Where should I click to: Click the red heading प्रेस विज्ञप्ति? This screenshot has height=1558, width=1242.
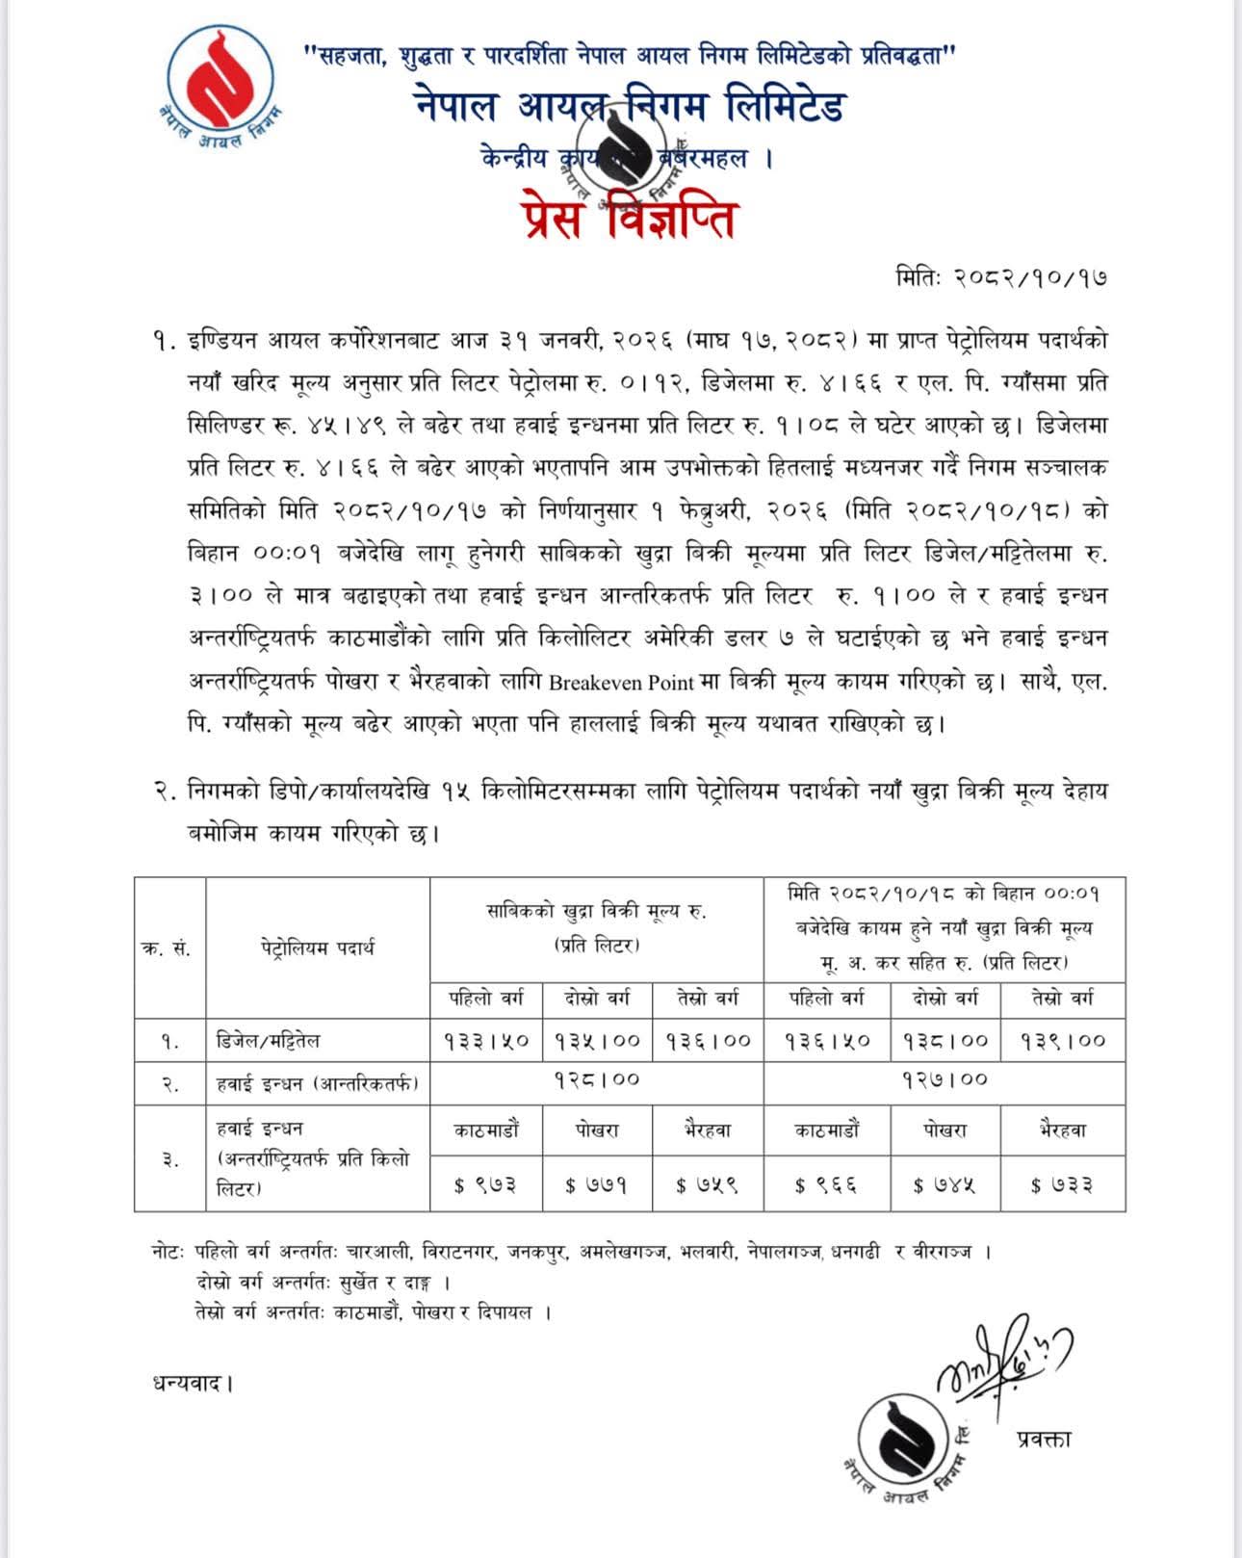click(630, 218)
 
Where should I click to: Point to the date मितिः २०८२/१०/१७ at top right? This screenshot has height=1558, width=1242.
click(1001, 278)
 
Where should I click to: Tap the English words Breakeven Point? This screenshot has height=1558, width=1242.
click(621, 683)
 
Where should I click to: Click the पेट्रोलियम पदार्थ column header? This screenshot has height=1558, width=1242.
click(317, 948)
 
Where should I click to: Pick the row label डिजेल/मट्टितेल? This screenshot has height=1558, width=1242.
click(268, 1041)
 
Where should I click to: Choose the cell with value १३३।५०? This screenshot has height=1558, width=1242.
click(486, 1041)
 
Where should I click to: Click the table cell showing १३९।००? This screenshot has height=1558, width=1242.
click(1063, 1041)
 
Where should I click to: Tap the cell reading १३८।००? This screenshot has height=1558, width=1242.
click(944, 1041)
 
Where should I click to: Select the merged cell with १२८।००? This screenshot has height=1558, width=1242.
click(597, 1080)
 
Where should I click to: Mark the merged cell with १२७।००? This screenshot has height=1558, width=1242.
click(944, 1080)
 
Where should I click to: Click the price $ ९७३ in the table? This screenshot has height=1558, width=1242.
click(486, 1184)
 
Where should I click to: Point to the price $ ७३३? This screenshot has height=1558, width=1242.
click(1063, 1184)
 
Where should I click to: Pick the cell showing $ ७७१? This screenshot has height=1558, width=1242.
click(597, 1184)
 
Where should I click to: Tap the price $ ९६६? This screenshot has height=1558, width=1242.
click(825, 1184)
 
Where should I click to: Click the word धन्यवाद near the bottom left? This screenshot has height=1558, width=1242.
click(192, 1384)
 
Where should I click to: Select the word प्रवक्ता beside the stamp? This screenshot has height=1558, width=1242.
click(1044, 1440)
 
